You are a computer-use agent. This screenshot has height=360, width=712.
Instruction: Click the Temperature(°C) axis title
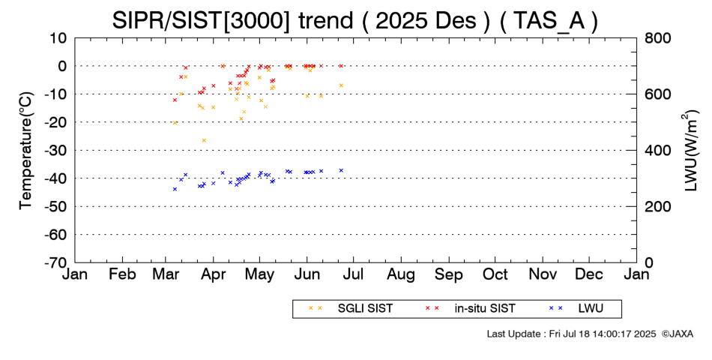point(25,150)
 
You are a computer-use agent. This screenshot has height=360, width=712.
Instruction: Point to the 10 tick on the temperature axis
point(59,37)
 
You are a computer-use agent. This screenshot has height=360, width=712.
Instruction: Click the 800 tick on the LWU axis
point(657,37)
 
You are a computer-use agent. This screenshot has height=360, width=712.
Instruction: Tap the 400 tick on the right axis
point(657,150)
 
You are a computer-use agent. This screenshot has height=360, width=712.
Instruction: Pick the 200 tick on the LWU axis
point(657,206)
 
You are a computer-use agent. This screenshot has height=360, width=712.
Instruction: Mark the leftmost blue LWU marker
point(175,189)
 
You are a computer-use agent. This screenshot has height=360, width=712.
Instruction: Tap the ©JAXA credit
point(678,333)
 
